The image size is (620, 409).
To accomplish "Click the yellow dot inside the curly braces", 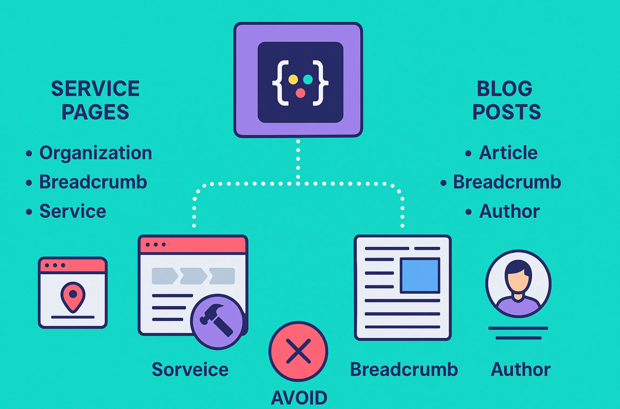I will click(293, 80).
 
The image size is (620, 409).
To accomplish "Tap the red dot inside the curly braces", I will click(300, 93).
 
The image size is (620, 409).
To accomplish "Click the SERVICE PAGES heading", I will click(95, 100).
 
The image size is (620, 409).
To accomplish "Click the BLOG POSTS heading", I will click(506, 100).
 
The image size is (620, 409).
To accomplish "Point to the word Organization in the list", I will click(96, 153).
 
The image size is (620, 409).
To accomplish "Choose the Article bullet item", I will click(508, 153).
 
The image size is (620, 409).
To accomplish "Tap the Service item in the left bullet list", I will click(73, 211).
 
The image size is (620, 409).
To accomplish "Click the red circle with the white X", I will click(298, 351).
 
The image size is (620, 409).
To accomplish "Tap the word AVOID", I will click(299, 398).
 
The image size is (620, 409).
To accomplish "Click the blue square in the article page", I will click(420, 275).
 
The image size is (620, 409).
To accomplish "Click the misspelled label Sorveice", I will click(190, 370).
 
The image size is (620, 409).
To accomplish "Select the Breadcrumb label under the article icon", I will click(404, 370).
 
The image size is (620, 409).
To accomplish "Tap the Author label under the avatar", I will click(521, 370).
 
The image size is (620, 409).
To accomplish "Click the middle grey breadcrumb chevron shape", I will click(193, 276).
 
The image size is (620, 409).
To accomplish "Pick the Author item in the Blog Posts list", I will click(509, 211).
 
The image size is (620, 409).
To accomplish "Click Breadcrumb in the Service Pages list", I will click(93, 182).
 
